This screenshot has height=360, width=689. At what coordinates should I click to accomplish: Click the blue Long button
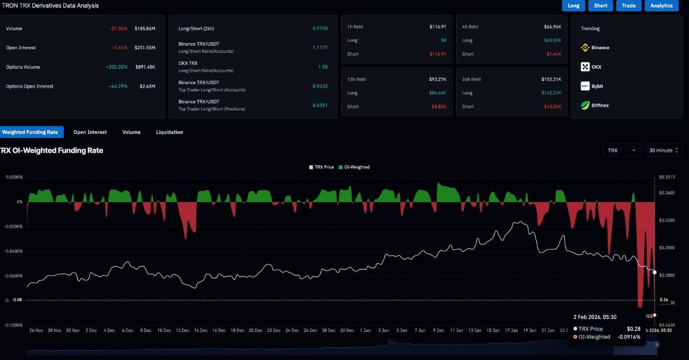(573, 6)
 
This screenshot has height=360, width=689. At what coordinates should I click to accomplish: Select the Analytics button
(662, 6)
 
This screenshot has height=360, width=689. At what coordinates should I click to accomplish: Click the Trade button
(628, 6)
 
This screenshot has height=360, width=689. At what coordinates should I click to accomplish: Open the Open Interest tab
(90, 132)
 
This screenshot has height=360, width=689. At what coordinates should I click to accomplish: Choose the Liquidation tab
(169, 132)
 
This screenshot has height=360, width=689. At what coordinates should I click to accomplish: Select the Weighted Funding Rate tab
(30, 132)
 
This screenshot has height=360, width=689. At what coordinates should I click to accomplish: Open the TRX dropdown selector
(621, 150)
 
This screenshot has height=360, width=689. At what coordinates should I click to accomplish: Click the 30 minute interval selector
(664, 150)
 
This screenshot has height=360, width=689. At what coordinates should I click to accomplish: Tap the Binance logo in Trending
(585, 48)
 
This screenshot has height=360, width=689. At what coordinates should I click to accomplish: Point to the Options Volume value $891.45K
(145, 67)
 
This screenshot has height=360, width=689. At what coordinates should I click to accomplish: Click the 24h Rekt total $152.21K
(552, 79)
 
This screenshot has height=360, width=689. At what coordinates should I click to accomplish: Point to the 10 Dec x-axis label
(164, 330)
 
